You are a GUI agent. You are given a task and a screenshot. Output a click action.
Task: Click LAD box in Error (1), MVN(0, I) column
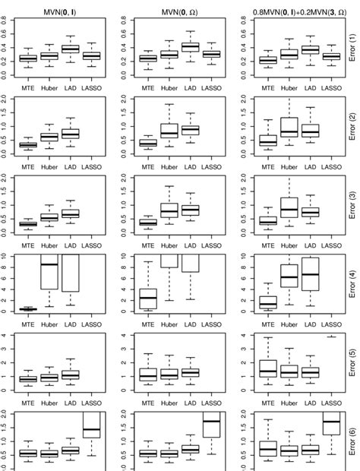pos(70,49)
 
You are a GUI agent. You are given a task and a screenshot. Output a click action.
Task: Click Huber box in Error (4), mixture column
pos(289,278)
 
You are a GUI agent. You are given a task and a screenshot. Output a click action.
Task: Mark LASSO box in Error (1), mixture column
pos(330,55)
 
